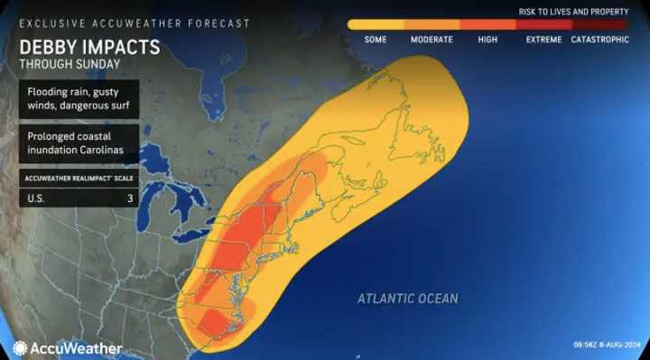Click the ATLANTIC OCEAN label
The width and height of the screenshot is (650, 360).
click(x=407, y=299)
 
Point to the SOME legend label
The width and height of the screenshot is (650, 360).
click(x=376, y=41)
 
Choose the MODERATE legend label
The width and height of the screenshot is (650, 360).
click(x=432, y=41)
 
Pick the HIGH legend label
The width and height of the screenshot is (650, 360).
click(x=487, y=41)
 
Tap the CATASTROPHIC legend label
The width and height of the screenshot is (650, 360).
click(x=601, y=41)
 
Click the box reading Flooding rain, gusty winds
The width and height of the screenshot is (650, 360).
click(x=79, y=97)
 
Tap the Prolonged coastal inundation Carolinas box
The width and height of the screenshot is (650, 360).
click(x=79, y=142)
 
